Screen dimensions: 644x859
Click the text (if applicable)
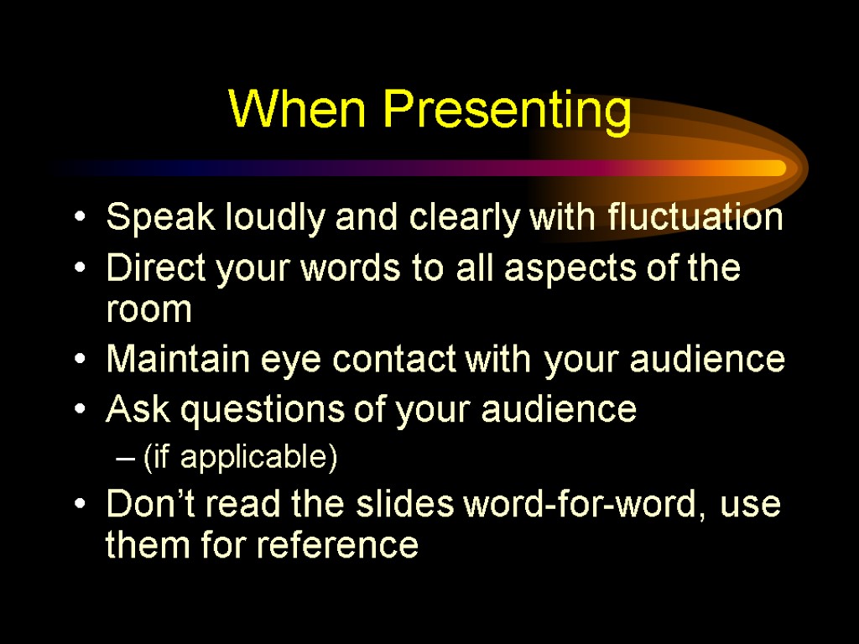240,459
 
